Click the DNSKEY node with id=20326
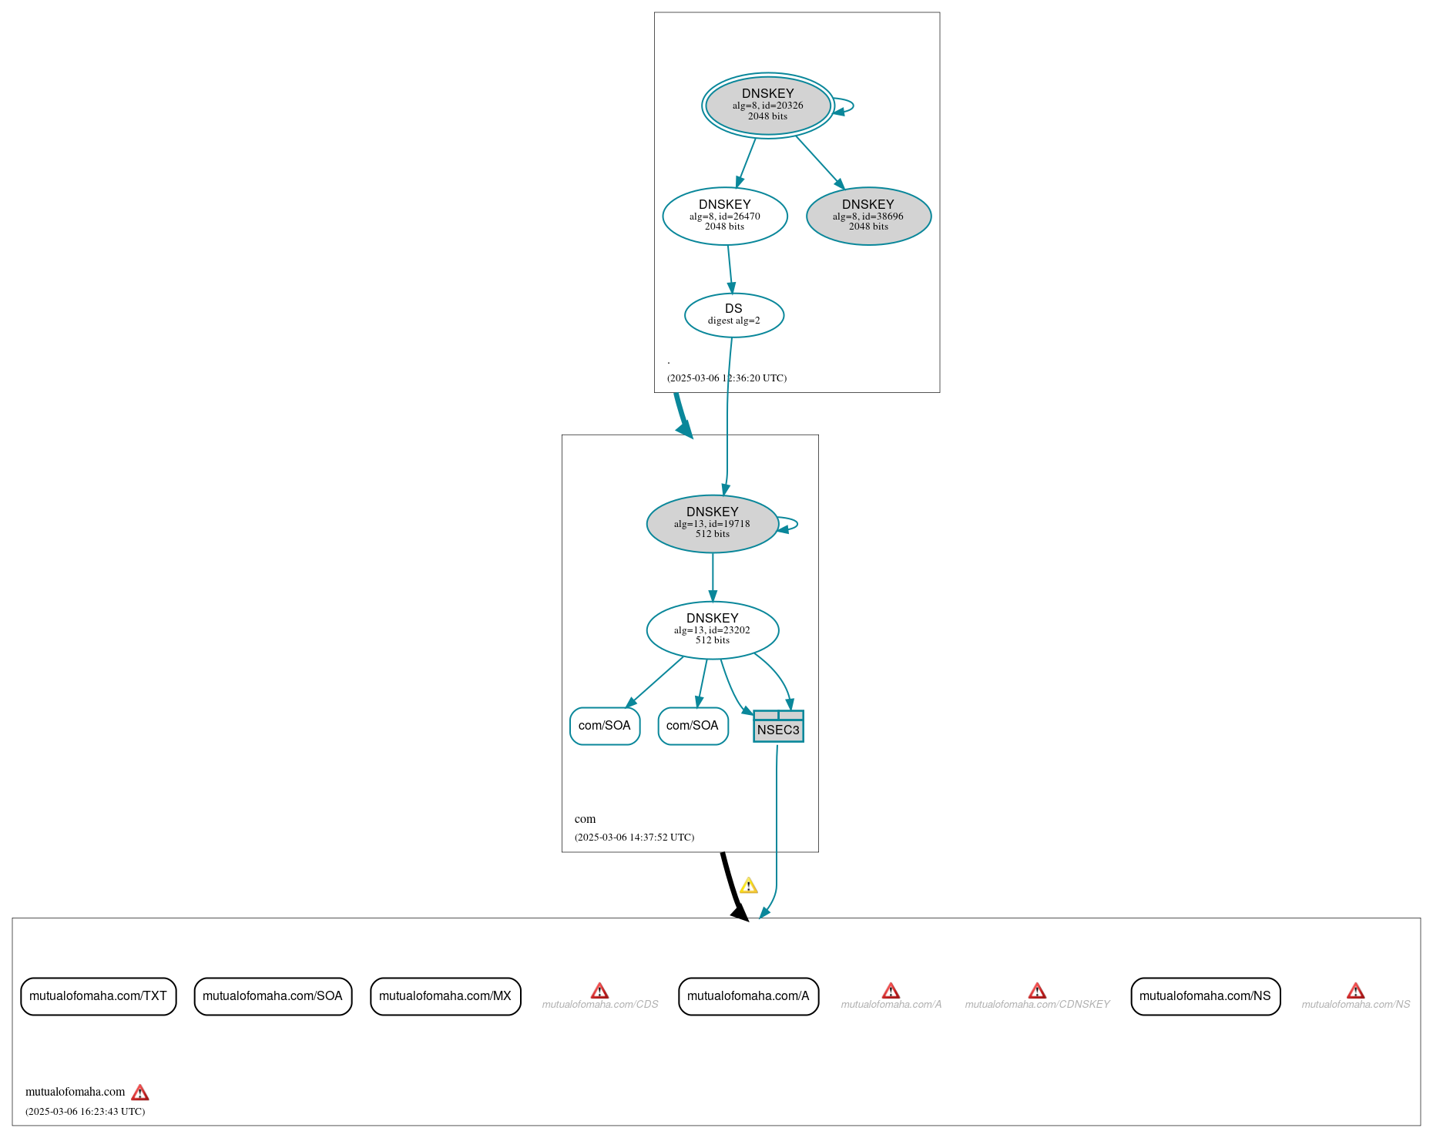pos(767,106)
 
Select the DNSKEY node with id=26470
pos(724,217)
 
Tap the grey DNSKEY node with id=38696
pos(868,217)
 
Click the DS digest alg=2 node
pos(733,315)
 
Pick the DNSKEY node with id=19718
pos(712,524)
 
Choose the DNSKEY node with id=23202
pos(712,630)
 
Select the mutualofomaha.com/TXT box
pos(98,996)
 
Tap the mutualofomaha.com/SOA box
pos(273,996)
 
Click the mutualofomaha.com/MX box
pos(445,996)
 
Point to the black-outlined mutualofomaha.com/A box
pos(748,996)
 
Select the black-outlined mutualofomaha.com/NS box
pos(1205,996)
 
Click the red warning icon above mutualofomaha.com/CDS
pos(599,991)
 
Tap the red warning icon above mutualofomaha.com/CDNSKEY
pos(1037,991)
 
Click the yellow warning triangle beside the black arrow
pos(748,886)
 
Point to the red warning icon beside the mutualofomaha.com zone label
pos(139,1093)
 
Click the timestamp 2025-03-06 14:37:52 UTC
pos(634,838)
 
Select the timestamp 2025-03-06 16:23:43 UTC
pos(85,1112)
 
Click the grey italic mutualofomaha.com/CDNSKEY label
pos(1037,1005)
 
